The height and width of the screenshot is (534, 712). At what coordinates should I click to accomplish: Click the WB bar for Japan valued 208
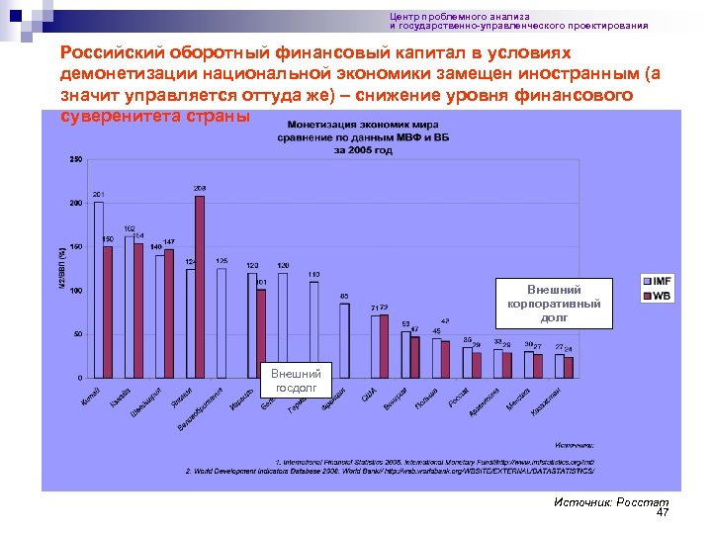(200, 287)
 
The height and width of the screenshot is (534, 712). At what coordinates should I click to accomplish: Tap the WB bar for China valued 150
(108, 311)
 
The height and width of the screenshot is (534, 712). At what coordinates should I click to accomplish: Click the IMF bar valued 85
(344, 340)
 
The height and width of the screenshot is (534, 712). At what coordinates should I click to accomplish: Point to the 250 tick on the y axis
(75, 160)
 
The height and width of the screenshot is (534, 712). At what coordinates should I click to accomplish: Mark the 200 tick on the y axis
(75, 204)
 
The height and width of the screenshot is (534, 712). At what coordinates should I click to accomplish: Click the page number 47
(663, 513)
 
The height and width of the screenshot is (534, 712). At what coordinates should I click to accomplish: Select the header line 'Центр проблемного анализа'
(459, 17)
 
